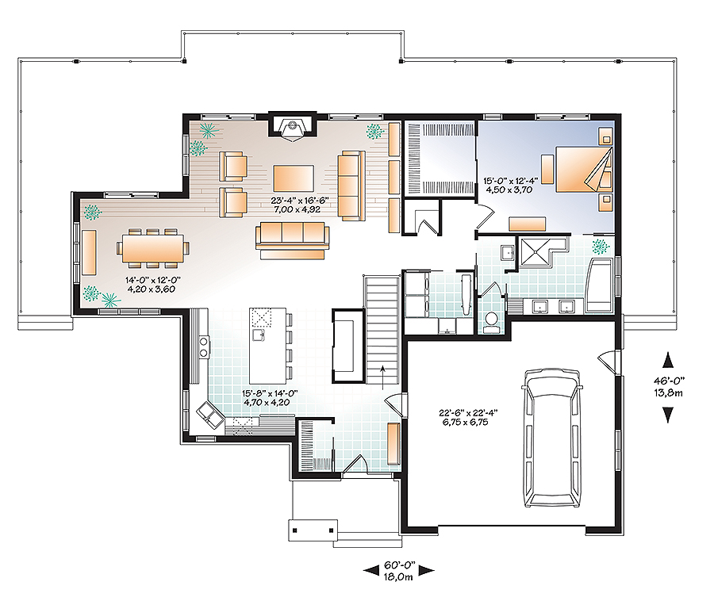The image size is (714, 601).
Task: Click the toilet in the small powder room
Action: pyautogui.click(x=490, y=320)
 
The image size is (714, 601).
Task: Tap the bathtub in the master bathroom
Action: pyautogui.click(x=600, y=283)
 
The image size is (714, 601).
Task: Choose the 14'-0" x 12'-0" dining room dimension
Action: pyautogui.click(x=148, y=285)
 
